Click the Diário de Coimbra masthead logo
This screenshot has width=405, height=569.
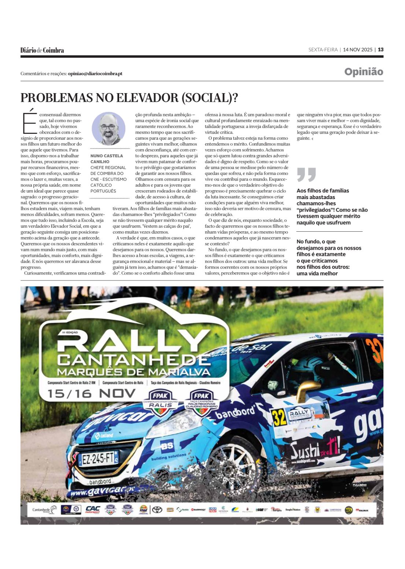coord(42,50)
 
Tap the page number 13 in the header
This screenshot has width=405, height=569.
coord(381,50)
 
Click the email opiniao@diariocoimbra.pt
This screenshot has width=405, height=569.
coord(95,74)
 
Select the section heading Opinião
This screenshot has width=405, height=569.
coord(364,72)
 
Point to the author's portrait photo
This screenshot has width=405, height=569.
coord(108,129)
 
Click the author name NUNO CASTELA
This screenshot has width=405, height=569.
coord(107,156)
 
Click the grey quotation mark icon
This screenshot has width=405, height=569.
coord(306,175)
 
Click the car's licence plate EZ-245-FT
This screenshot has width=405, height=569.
coord(98,458)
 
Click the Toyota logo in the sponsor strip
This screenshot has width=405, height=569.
coord(157,510)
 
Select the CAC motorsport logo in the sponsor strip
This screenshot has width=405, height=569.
coord(92,510)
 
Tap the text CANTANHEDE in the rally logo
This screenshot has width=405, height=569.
coord(134,360)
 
